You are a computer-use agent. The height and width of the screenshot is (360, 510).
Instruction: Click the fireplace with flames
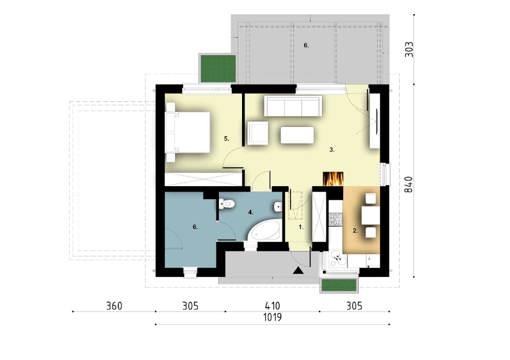pos(333,178)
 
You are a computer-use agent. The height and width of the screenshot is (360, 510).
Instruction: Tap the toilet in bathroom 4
pos(227,204)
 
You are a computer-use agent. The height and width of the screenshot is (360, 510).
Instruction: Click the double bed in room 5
pos(188,132)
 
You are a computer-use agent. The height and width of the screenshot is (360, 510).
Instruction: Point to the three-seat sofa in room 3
pos(293,106)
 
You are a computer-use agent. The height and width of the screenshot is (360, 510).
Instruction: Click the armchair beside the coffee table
pos(258,133)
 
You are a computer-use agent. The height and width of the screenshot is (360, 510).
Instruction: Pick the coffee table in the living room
pos(297,135)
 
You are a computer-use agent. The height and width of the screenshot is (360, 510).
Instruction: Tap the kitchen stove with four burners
pos(335,219)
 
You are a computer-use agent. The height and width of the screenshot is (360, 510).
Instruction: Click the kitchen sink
pos(337,259)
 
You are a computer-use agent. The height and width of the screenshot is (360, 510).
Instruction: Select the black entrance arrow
pos(298,270)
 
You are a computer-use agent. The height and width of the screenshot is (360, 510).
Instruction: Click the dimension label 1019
pos(273,317)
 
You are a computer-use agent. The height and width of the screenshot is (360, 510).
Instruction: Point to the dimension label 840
pos(408,184)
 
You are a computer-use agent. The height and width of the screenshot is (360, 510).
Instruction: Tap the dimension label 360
pos(114,306)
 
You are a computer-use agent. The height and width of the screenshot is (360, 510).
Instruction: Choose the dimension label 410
pos(272,306)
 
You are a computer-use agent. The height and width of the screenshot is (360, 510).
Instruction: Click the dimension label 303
pos(409,50)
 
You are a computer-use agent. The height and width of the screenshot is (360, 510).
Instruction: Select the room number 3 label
pos(332,150)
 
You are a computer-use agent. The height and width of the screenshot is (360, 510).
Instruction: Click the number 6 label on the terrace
pos(306,45)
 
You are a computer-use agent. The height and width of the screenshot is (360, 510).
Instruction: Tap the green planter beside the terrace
pos(218,69)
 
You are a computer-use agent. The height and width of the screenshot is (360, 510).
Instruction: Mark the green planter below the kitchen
pos(339,286)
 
